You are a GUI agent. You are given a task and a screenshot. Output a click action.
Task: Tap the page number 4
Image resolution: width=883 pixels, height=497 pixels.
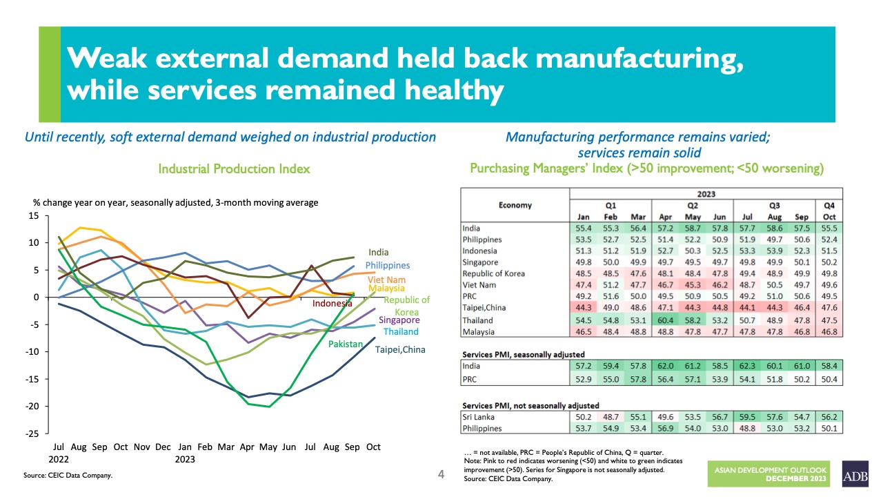pos(441,474)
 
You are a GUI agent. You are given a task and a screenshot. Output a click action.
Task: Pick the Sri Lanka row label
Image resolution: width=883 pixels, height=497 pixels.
pos(478,417)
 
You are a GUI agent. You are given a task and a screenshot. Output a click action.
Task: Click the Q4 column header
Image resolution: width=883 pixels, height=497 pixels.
pos(829,205)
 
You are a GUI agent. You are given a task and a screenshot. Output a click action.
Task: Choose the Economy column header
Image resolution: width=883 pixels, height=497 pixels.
pos(515,205)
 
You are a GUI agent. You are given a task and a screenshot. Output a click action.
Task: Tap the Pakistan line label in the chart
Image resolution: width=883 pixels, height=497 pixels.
pos(345,343)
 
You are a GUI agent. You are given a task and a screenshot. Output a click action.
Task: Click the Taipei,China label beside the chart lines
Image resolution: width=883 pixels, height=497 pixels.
pos(400,349)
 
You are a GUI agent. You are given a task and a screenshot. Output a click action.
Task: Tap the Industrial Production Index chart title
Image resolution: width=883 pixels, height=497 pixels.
pos(234,169)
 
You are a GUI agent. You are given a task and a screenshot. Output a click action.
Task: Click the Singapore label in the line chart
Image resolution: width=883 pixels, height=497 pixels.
pos(399,320)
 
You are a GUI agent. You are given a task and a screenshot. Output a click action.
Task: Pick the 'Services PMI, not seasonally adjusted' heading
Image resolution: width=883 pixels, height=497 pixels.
pos(530,405)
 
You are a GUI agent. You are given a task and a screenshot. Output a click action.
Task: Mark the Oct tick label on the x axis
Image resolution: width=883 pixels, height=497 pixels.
pos(373,447)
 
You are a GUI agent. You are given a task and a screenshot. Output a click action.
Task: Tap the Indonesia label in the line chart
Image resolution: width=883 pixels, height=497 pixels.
pos(333,304)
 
